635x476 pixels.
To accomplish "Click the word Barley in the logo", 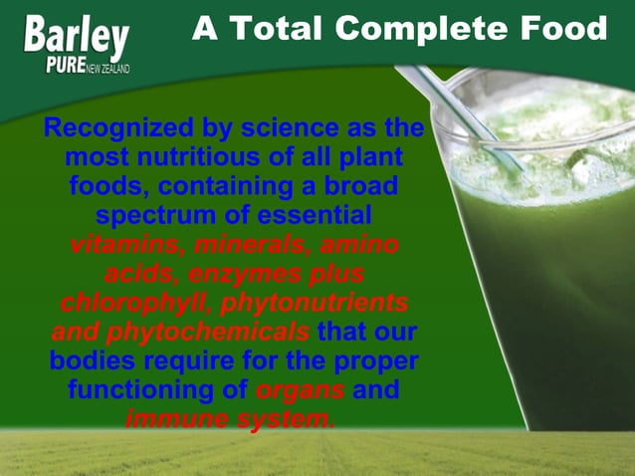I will (76, 37).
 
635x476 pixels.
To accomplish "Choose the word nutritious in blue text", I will (198, 158).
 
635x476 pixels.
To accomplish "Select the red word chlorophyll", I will (134, 303).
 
